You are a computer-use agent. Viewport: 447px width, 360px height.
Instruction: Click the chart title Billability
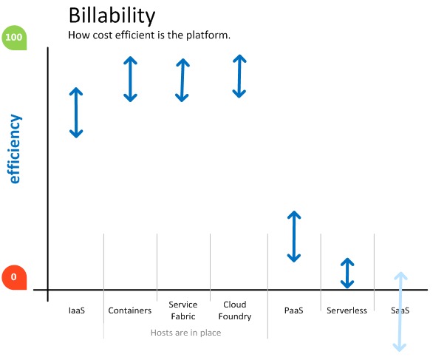point(112,16)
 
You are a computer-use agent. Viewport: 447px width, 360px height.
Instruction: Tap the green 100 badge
point(14,38)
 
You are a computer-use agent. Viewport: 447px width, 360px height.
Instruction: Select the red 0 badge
point(14,277)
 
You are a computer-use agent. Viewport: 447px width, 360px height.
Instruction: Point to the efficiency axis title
point(15,149)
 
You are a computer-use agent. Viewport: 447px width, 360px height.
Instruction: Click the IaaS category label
point(77,310)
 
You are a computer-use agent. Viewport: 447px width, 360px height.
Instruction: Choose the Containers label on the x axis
point(130,310)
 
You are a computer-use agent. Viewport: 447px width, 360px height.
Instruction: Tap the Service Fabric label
point(183,310)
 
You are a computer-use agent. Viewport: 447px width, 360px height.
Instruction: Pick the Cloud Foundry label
point(235,310)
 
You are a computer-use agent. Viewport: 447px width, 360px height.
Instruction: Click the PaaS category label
point(293,310)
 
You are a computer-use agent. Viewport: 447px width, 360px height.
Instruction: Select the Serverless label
point(347,310)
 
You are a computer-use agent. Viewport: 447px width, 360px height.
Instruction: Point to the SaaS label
point(400,310)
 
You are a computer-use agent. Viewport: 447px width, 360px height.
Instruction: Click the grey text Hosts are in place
point(186,333)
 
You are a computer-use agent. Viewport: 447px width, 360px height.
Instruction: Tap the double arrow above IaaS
point(76,112)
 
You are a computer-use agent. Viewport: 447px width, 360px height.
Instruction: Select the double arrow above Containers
point(130,79)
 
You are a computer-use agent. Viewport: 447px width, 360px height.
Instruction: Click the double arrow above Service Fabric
point(182,80)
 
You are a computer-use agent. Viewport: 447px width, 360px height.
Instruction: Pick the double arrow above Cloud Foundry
point(239,76)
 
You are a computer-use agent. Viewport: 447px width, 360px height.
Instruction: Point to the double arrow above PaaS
point(294,237)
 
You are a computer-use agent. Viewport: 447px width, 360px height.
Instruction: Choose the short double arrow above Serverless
point(347,273)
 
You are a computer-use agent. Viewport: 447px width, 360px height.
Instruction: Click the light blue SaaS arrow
point(400,312)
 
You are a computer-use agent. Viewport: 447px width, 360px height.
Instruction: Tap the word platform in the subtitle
point(208,35)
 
